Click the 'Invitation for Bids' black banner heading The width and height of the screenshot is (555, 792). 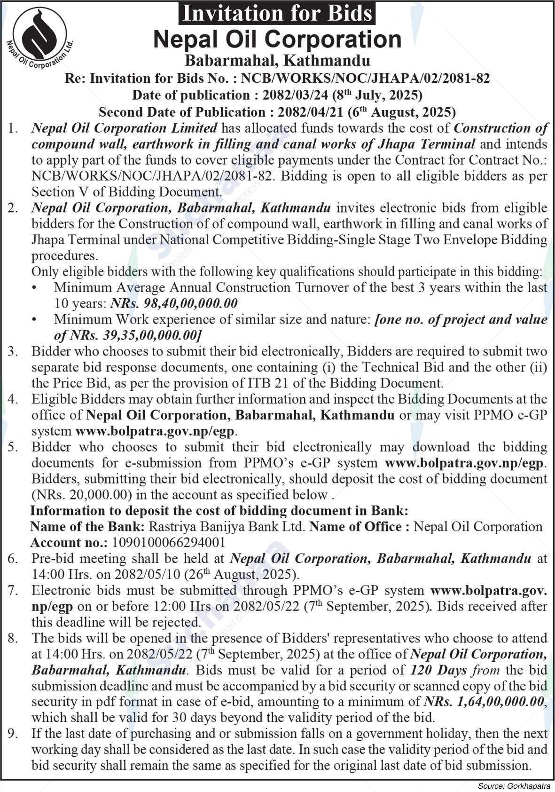(x=277, y=13)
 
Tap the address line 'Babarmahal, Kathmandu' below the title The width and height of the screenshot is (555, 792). (x=277, y=60)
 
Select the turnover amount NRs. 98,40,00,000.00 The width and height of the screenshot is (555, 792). (x=174, y=303)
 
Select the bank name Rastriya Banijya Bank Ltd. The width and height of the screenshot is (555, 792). (x=227, y=526)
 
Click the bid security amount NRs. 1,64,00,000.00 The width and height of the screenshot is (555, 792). (x=484, y=702)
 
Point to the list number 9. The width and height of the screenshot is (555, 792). (x=13, y=733)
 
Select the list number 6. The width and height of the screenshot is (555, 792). (x=13, y=558)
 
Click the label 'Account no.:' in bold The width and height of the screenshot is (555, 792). (x=69, y=542)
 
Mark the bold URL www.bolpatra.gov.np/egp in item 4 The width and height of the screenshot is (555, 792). (x=154, y=431)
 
